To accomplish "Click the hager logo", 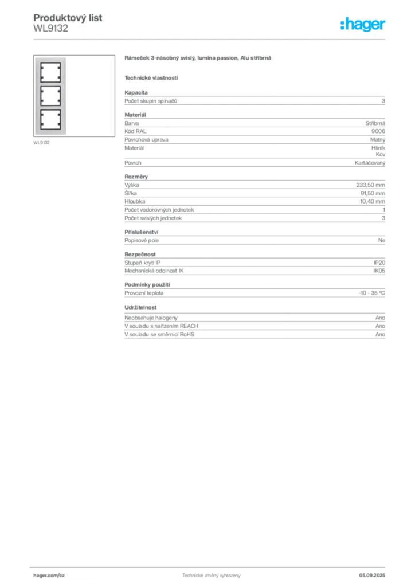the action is pos(363,24).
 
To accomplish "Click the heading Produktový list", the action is pos(68,18).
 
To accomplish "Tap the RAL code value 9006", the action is pos(378,131).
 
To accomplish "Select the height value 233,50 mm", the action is pos(370,185).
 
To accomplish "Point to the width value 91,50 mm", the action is pos(373,193).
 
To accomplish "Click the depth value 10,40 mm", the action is pos(373,201).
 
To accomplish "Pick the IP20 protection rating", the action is pos(379,263).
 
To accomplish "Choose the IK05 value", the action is pos(379,271).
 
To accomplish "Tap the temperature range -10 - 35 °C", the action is pos(372,293).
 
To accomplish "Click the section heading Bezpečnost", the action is pos(140,254).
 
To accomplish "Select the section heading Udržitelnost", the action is pos(140,307).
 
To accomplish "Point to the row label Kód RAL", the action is pos(135,131).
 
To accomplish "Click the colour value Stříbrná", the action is pos(375,123).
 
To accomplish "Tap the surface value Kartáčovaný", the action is pos(370,163).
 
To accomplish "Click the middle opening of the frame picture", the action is pos(50,96).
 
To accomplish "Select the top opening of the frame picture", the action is pos(50,73).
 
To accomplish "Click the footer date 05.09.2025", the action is pos(372,576).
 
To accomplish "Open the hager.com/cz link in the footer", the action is pos(49,576).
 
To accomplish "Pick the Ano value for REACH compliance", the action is pos(380,326).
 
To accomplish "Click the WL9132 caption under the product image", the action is pos(41,143).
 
